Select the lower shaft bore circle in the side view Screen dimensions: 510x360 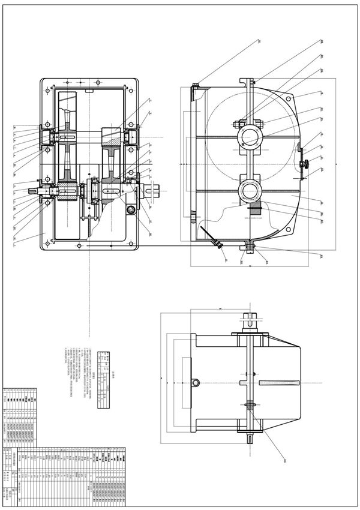[x=250, y=191]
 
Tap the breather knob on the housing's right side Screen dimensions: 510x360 [x=304, y=164]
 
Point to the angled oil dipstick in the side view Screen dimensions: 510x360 [x=209, y=236]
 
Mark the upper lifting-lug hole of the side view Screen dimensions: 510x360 [x=289, y=98]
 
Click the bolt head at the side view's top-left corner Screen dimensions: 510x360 [x=196, y=85]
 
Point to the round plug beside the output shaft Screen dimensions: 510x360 [x=131, y=210]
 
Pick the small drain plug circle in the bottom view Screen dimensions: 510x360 [x=196, y=382]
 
